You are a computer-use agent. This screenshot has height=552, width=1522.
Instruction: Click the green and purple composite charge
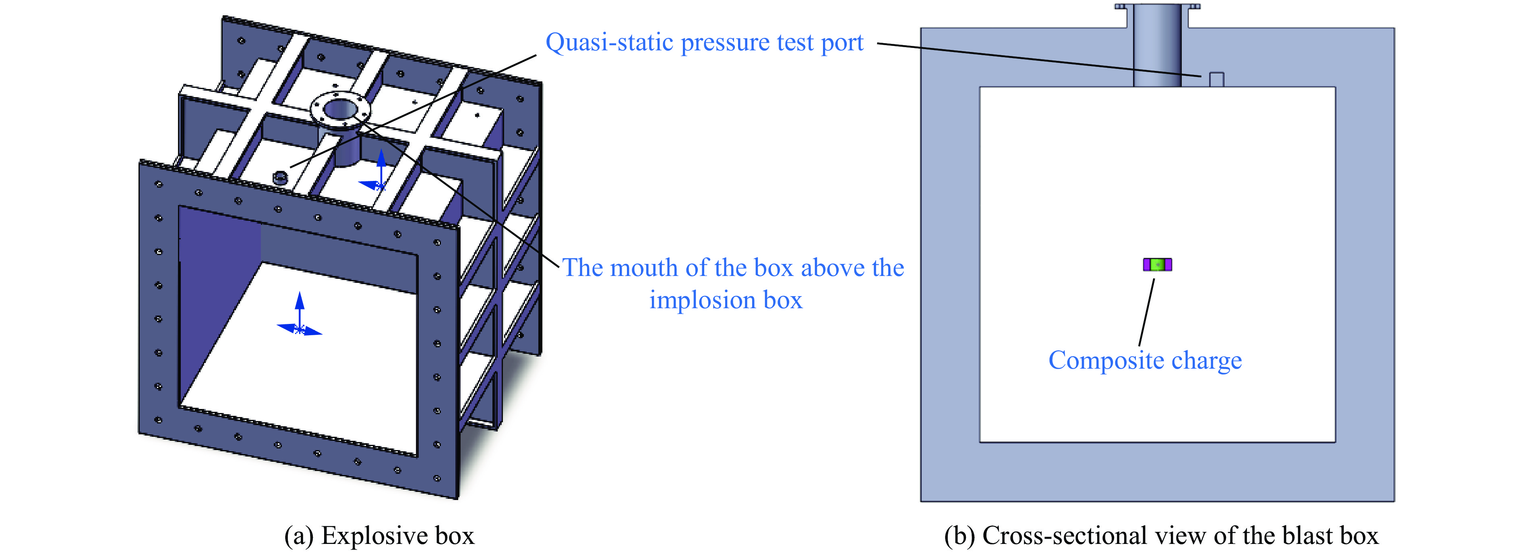[x=1157, y=264]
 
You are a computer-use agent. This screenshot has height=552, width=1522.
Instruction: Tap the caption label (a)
[x=299, y=536]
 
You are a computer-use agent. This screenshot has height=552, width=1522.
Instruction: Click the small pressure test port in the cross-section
[x=1216, y=80]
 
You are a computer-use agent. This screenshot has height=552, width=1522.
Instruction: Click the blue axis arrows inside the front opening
[x=300, y=317]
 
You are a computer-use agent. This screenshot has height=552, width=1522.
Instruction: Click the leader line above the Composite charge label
[x=1146, y=313]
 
